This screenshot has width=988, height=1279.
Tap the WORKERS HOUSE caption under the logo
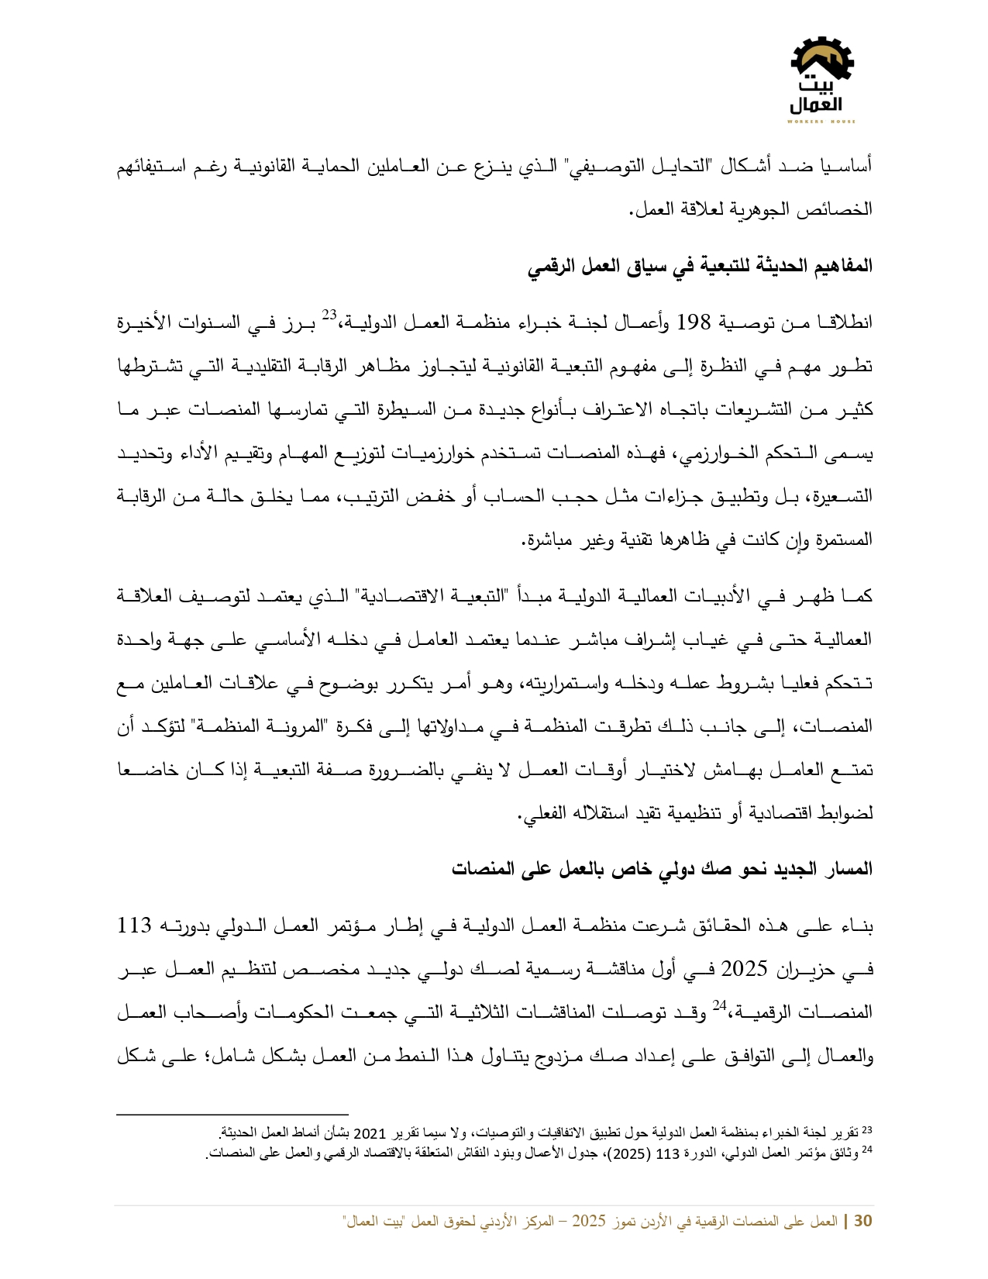(821, 122)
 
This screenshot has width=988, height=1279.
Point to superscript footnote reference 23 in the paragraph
(329, 315)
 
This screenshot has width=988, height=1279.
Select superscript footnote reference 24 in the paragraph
(719, 1005)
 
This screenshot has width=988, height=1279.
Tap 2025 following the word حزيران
(744, 969)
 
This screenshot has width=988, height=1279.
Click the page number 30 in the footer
(862, 1222)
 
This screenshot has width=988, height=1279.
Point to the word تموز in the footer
(628, 1222)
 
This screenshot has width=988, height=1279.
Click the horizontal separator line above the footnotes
(232, 1115)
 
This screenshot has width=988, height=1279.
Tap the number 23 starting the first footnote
(867, 1131)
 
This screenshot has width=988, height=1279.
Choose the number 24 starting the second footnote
(867, 1151)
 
